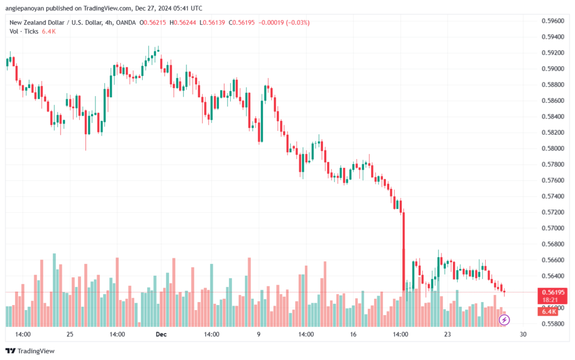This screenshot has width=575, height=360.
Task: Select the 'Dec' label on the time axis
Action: [x=161, y=334]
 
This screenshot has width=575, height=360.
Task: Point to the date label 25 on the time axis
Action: [x=70, y=334]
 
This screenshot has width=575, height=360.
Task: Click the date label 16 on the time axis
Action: [x=353, y=334]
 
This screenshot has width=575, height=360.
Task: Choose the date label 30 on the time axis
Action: [x=523, y=334]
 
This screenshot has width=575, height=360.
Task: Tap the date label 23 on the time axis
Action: [x=448, y=334]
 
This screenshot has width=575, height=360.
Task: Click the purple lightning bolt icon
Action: [x=504, y=320]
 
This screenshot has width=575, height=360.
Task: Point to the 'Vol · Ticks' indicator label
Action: [x=24, y=31]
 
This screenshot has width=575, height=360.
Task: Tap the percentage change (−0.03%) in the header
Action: [x=297, y=22]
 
